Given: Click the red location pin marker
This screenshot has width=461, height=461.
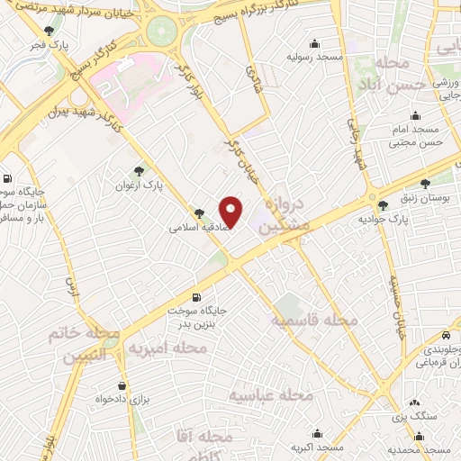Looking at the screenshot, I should (x=231, y=212).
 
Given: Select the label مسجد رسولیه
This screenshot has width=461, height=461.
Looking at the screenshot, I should (x=315, y=57).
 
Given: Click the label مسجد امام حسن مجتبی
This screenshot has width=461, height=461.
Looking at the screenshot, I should (x=416, y=136).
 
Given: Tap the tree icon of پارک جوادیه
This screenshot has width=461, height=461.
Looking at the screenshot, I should (x=384, y=206).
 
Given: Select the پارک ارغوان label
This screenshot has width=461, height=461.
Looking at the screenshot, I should (x=138, y=186).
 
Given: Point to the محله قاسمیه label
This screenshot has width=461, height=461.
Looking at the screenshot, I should (x=315, y=321).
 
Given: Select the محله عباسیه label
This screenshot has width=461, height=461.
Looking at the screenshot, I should (x=269, y=395).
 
